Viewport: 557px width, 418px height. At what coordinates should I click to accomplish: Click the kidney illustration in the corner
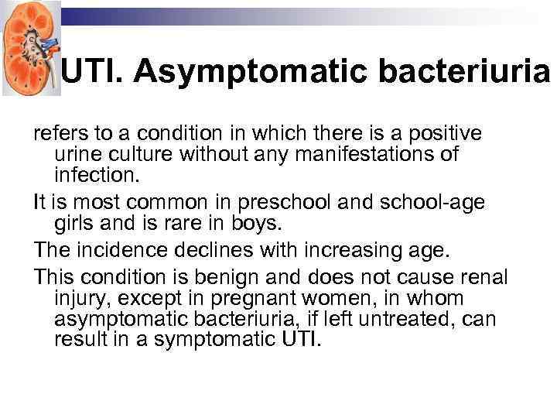click(x=30, y=48)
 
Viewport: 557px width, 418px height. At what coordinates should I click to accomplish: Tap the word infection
click(x=97, y=175)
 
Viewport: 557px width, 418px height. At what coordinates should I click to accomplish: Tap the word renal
click(x=485, y=276)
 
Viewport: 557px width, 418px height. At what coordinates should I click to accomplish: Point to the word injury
click(x=78, y=298)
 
